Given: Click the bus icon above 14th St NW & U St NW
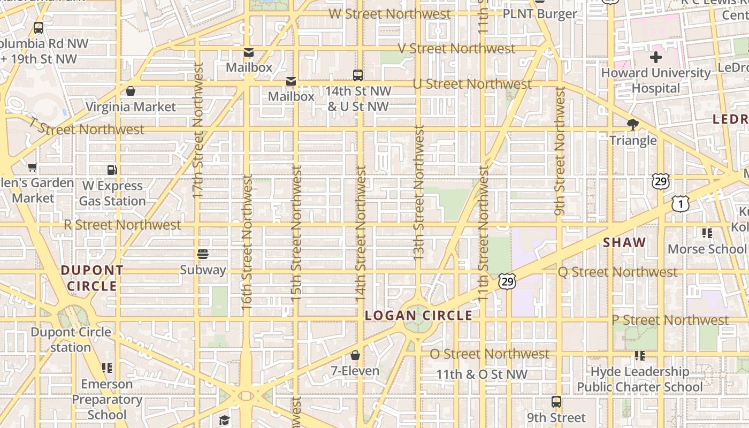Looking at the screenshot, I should point(358,75).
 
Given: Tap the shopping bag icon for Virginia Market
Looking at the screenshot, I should point(131,91).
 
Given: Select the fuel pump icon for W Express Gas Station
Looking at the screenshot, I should point(112,170).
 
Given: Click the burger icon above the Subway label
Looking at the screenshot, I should point(203,254).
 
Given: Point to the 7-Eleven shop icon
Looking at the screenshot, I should point(355,355).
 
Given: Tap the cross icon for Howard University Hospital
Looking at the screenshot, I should point(656,57).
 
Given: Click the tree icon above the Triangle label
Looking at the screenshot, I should point(633,125).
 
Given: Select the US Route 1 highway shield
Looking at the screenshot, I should point(680,203).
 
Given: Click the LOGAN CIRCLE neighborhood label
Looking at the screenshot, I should point(418,316).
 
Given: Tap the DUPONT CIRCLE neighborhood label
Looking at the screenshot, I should point(92,278).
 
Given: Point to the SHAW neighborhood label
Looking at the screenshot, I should point(624,242).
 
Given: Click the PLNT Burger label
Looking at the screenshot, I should point(540,14).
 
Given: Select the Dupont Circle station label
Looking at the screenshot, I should point(71,340).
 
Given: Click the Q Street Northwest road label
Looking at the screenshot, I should point(617,272).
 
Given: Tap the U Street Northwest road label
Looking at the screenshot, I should point(472,84).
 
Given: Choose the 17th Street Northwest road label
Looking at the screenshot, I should point(198,131).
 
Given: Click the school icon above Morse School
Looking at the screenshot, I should point(707,233).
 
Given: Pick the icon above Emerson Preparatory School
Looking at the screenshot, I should point(107,368).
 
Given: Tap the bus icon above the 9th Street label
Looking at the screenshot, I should point(556,402).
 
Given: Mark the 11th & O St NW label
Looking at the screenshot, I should point(481,374).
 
